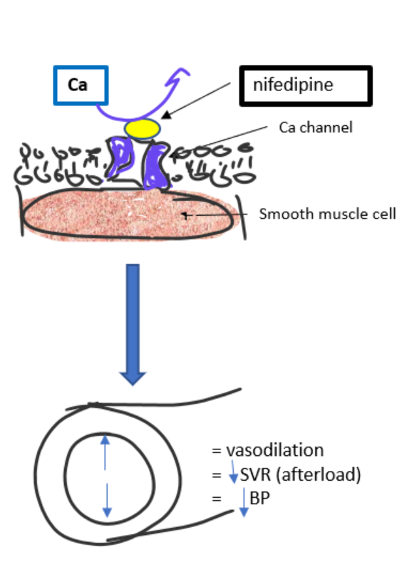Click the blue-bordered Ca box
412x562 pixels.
[x=81, y=85]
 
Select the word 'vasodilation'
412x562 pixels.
[x=274, y=450]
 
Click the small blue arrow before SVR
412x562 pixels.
[x=232, y=472]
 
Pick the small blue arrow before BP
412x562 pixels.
[x=243, y=501]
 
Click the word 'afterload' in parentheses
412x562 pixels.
[x=327, y=474]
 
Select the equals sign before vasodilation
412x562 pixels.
[x=216, y=451]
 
